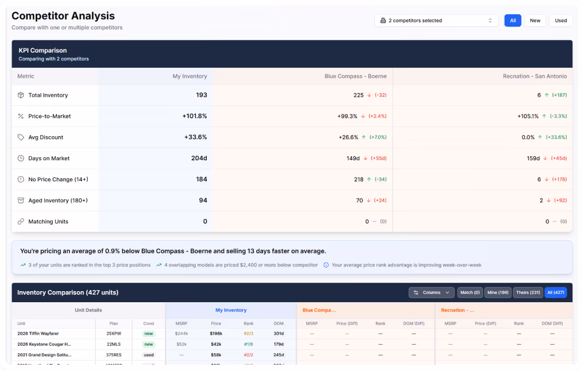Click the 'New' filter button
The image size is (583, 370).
click(x=535, y=20)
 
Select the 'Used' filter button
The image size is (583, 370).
click(x=561, y=20)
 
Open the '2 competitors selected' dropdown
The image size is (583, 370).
click(x=437, y=20)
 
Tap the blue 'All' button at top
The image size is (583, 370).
click(x=512, y=20)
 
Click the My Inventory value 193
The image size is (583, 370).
click(x=202, y=95)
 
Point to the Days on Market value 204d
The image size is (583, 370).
click(x=199, y=158)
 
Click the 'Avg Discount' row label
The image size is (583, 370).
click(x=46, y=137)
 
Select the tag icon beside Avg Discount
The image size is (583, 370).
click(x=21, y=137)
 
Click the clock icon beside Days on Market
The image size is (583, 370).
click(x=21, y=158)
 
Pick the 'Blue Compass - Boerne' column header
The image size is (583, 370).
click(x=355, y=76)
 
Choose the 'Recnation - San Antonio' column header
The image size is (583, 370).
click(x=535, y=76)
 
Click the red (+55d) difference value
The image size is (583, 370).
click(x=378, y=158)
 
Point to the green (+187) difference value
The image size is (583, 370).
click(x=559, y=95)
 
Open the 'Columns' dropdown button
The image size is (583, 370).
click(x=431, y=292)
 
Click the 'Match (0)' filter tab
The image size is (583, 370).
click(x=470, y=292)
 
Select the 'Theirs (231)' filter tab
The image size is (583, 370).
click(x=527, y=292)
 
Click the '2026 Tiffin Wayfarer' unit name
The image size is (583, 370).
click(x=38, y=333)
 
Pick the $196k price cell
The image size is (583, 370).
click(x=216, y=333)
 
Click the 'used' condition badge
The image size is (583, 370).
click(x=149, y=355)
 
